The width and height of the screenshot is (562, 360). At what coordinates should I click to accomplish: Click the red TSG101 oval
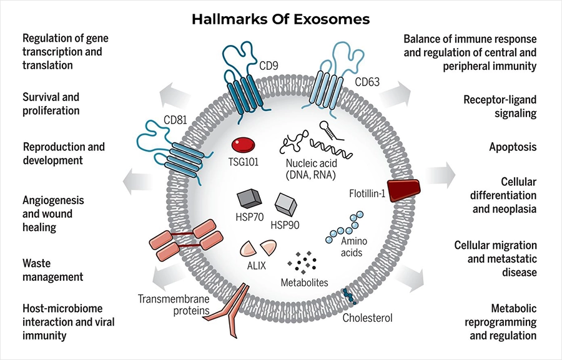[x=244, y=145]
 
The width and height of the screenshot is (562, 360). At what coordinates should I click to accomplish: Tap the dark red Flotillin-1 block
[x=403, y=190]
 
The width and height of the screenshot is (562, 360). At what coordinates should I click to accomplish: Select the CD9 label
[x=269, y=66]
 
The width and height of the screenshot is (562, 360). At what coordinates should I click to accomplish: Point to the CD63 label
[x=367, y=82]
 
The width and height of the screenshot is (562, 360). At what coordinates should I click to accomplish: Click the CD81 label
[x=175, y=120]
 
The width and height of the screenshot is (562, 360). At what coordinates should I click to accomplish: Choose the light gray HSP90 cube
[x=285, y=205]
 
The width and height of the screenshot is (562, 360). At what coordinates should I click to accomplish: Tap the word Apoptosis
[x=513, y=147]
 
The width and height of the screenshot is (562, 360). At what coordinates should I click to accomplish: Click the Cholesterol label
[x=367, y=318]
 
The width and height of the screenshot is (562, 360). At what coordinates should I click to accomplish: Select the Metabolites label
[x=304, y=283]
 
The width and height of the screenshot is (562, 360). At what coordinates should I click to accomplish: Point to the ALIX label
[x=257, y=266]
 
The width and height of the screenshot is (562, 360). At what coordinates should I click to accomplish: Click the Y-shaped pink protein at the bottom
[x=231, y=310]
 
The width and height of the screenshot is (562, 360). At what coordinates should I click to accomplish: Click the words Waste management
[x=52, y=270]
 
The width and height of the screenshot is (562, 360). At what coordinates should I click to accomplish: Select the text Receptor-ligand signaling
[x=500, y=107]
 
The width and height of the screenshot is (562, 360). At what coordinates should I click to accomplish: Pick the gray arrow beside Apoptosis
[x=440, y=175]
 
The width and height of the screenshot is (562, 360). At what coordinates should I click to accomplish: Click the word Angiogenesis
[x=53, y=200]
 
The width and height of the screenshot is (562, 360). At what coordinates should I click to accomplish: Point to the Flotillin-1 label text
[x=367, y=194]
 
